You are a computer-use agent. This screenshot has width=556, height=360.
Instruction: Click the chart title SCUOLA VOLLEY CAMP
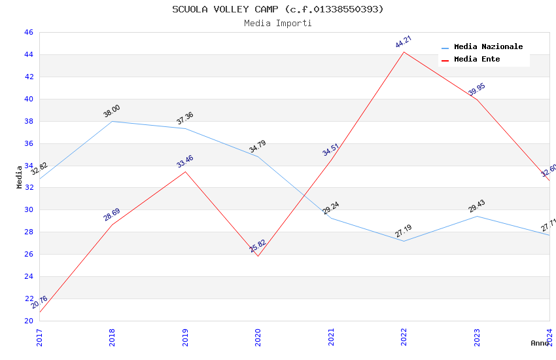(278, 9)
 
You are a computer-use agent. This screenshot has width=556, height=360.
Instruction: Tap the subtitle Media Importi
(278, 23)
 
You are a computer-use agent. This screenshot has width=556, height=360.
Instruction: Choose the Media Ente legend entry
(477, 60)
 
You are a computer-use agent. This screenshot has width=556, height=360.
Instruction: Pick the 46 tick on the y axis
(28, 33)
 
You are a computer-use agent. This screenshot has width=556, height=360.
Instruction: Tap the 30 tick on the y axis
(28, 210)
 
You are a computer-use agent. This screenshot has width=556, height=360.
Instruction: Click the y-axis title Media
(20, 177)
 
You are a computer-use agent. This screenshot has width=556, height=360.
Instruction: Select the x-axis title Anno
(540, 343)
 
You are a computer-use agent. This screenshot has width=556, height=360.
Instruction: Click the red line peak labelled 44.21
(404, 52)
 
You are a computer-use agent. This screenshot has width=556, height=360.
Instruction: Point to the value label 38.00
(112, 111)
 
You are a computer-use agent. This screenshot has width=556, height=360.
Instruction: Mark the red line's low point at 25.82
(258, 256)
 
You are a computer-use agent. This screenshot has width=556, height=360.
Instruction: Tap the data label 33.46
(185, 162)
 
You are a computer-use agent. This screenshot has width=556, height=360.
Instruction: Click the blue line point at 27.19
(404, 242)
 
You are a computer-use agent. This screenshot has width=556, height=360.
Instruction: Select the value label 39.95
(477, 90)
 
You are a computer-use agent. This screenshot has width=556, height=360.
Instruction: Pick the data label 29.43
(477, 206)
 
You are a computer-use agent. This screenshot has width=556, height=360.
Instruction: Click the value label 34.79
(258, 147)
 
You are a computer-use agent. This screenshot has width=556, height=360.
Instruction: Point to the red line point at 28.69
(113, 225)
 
